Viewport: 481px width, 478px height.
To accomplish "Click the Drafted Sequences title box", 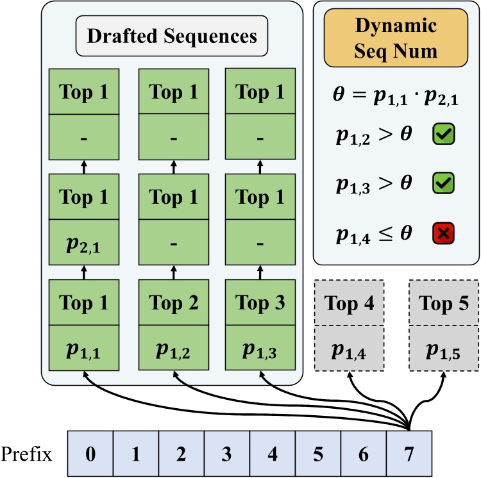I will tap(172, 35).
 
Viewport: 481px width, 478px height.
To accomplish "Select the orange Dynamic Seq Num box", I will tap(396, 38).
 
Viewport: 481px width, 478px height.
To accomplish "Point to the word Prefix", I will tap(26, 454).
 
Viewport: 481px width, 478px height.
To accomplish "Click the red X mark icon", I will tap(444, 235).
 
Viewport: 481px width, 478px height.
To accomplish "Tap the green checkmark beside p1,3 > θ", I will tap(444, 185).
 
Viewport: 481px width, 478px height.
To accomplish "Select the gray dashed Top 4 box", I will tap(350, 303).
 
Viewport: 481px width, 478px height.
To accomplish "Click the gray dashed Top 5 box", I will tap(444, 303).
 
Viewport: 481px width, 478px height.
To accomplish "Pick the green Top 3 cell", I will tap(260, 303).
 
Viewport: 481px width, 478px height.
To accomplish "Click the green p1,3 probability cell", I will tap(260, 350).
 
